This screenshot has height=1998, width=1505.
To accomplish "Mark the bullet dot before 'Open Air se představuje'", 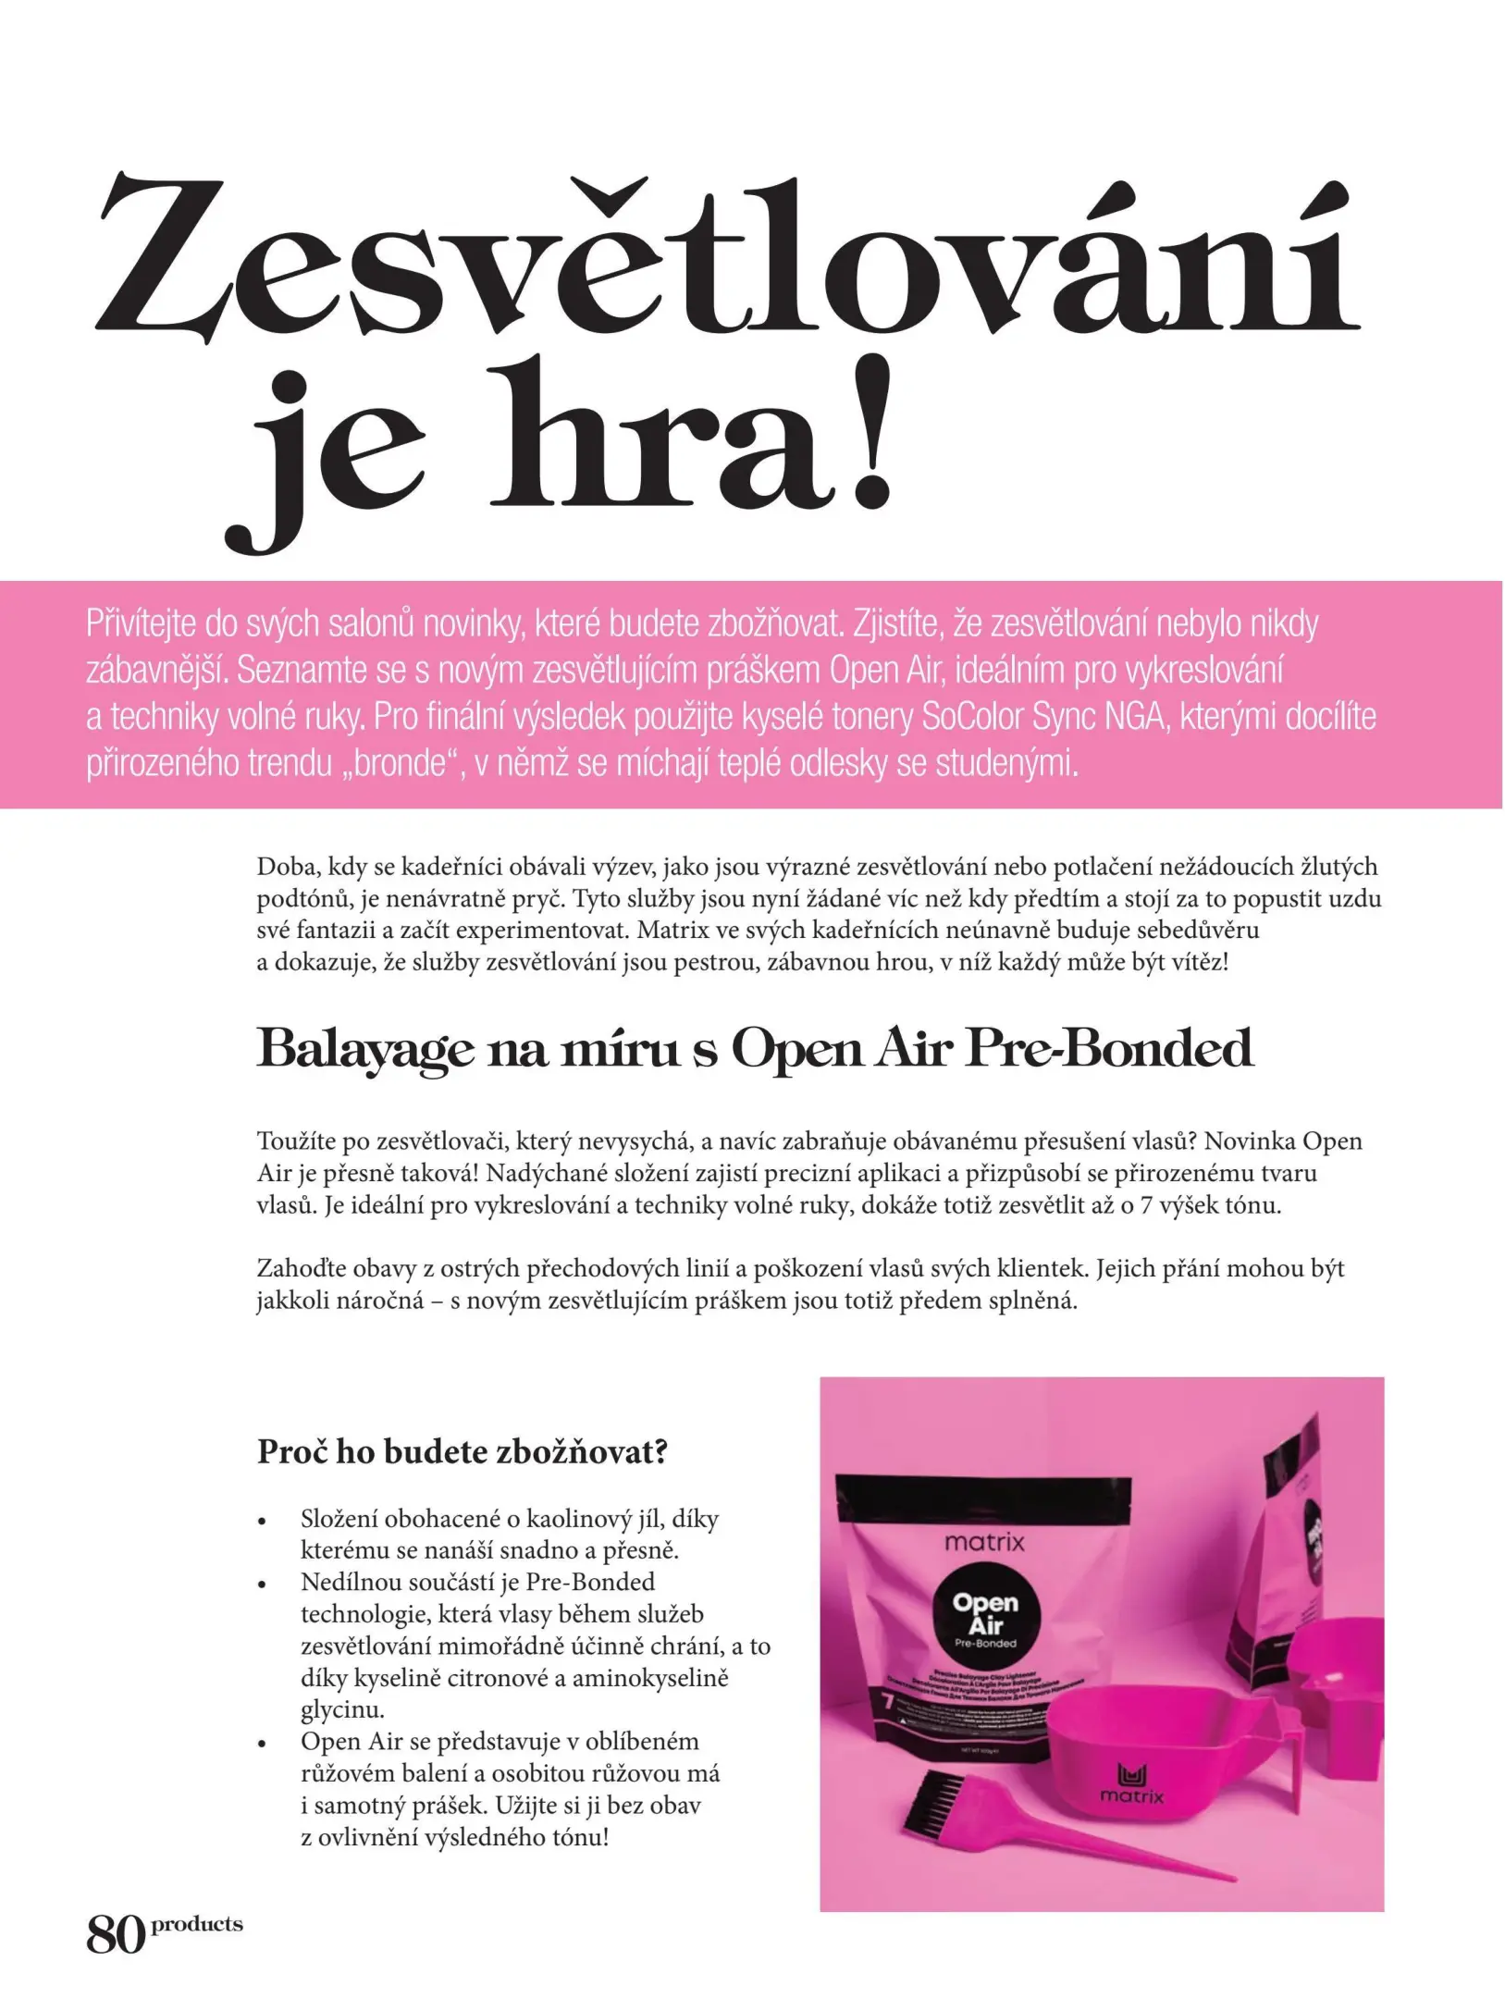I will pos(264,1744).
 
